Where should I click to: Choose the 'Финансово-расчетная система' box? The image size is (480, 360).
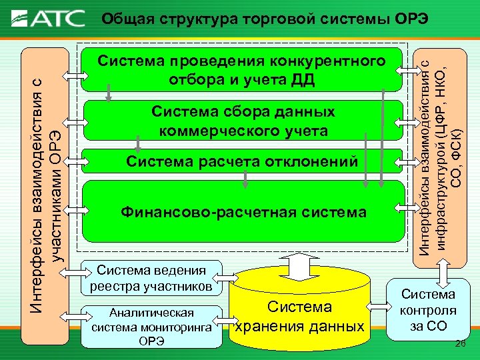click(243, 212)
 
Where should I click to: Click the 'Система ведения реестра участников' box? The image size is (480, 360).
click(151, 278)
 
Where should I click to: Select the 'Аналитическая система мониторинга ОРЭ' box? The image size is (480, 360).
click(151, 327)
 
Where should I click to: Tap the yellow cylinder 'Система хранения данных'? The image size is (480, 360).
click(299, 313)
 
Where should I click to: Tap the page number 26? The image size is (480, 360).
click(459, 344)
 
